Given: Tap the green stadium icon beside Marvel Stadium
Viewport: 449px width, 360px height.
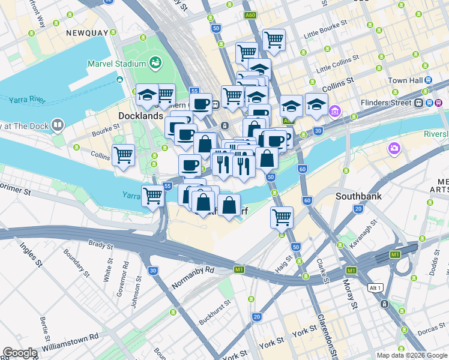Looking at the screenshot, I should point(155,62).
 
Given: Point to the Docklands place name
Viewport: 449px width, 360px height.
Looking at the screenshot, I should point(141,115).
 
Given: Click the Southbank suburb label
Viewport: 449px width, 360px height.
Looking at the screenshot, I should point(358,196).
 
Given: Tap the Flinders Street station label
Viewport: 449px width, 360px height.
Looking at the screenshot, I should point(385,103).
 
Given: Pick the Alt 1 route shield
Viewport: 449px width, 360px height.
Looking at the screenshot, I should point(375,287).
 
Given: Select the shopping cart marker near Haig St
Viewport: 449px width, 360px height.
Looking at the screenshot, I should point(281,217).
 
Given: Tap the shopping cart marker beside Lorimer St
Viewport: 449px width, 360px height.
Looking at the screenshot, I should point(152,195).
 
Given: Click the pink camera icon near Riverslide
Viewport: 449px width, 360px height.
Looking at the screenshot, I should point(394,148).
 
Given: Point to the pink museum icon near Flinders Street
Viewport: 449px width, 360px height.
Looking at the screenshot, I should point(335,111).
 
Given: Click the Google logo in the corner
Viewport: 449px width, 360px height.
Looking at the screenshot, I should point(19,353).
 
